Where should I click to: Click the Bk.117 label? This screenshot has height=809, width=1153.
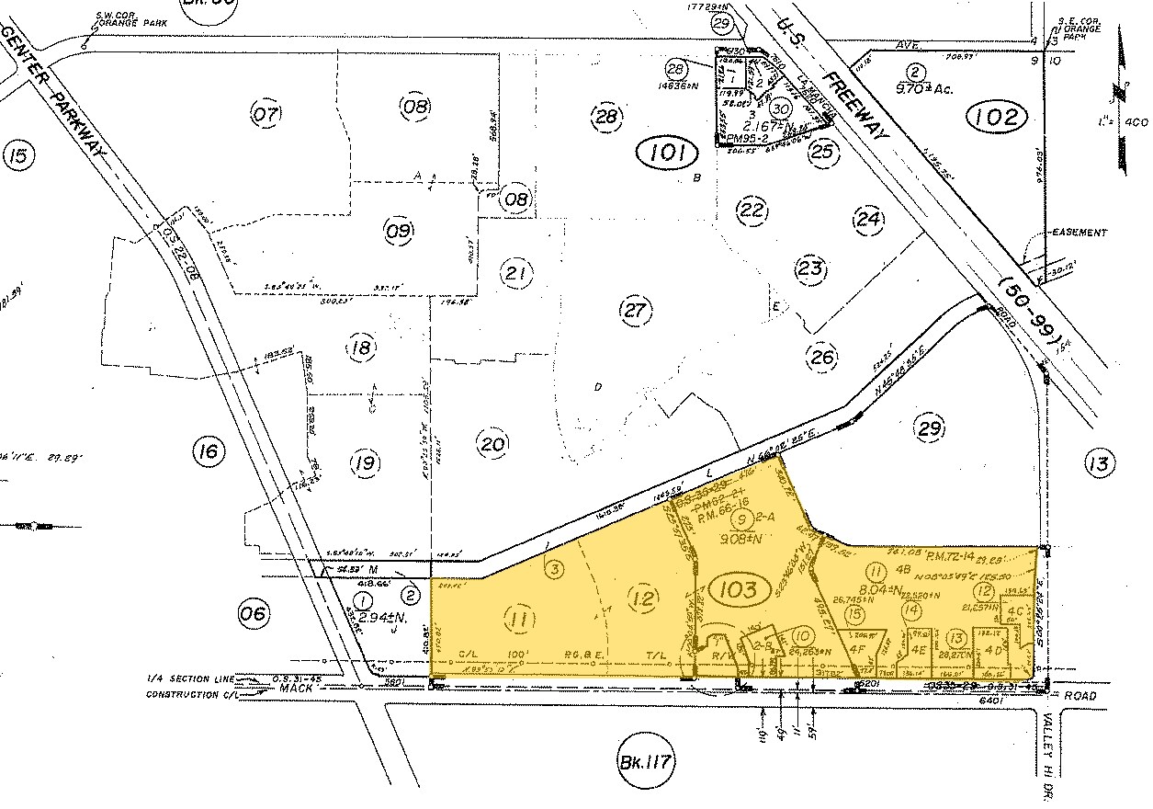click(x=648, y=762)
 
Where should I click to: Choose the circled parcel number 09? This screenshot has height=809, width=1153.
click(x=400, y=232)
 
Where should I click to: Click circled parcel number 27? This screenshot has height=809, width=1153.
click(x=635, y=310)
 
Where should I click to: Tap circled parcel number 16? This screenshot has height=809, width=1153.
click(x=209, y=450)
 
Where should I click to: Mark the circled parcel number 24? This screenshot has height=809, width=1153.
click(x=868, y=219)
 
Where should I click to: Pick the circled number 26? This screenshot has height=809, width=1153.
click(x=820, y=355)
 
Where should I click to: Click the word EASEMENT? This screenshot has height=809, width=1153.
click(x=1080, y=233)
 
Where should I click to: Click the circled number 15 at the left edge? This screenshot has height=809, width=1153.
click(x=19, y=154)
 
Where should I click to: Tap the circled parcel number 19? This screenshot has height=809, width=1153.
click(x=365, y=462)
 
